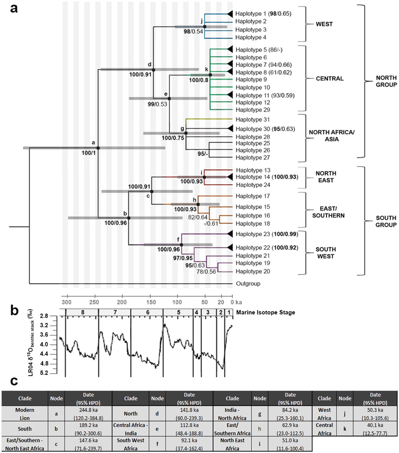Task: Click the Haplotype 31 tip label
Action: click(x=253, y=119)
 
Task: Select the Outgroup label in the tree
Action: click(x=248, y=284)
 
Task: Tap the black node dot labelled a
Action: click(x=98, y=148)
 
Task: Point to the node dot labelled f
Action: click(x=182, y=245)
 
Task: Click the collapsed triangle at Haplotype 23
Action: click(x=229, y=234)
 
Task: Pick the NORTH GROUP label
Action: click(x=386, y=81)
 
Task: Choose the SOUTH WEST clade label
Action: click(x=326, y=253)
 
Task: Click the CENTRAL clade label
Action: click(x=330, y=79)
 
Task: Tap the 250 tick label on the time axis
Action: click(x=94, y=302)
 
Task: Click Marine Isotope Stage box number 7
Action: click(x=115, y=313)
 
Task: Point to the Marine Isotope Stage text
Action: click(x=265, y=313)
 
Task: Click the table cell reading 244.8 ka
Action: click(x=88, y=410)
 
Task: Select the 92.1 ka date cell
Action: click(x=189, y=440)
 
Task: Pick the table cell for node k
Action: click(x=345, y=428)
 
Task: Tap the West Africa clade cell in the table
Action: click(x=324, y=414)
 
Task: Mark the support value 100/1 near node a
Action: click(x=88, y=153)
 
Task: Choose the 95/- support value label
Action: click(x=203, y=154)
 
